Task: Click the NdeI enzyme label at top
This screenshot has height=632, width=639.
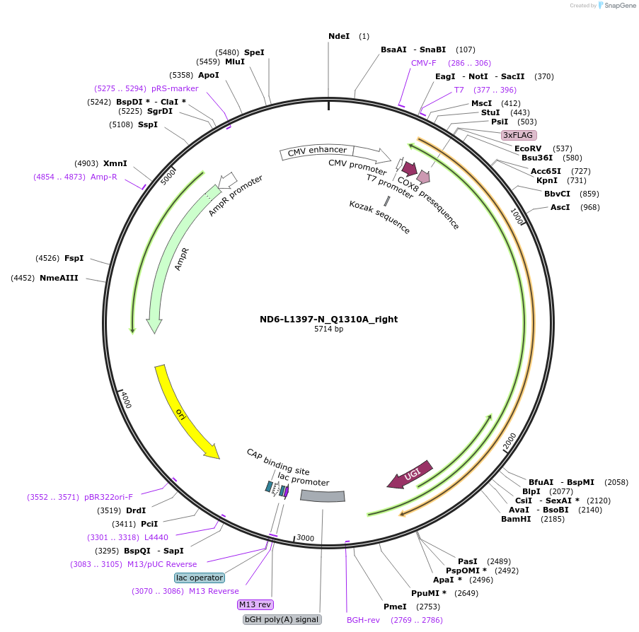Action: [x=339, y=36]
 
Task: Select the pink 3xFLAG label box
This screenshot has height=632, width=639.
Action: [x=519, y=135]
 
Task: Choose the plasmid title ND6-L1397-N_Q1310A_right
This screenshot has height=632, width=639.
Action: [x=328, y=319]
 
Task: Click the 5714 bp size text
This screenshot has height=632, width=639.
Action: [x=328, y=329]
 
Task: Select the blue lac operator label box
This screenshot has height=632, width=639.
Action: [x=200, y=578]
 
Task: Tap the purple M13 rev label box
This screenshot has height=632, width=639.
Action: [x=255, y=604]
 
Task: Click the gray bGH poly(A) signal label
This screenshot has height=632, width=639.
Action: [x=282, y=619]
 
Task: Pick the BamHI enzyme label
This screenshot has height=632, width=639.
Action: [x=515, y=519]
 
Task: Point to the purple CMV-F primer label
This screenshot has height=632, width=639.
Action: [x=424, y=63]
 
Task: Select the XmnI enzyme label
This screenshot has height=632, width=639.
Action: [x=115, y=163]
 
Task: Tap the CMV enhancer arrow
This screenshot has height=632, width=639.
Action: [x=317, y=150]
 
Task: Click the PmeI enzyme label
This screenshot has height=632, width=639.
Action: [x=395, y=607]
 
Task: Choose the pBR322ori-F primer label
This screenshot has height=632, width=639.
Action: [x=108, y=497]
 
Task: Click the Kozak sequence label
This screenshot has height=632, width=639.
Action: [x=379, y=216]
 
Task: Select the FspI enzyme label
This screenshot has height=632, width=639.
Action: [x=74, y=258]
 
